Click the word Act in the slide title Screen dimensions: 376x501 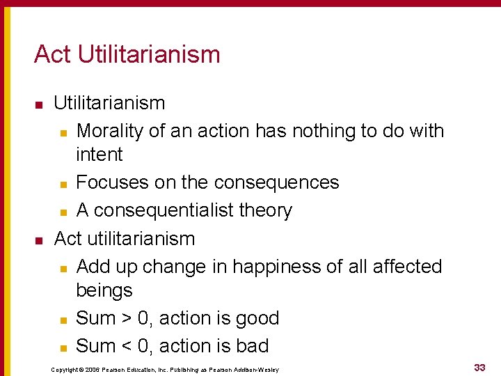pyautogui.click(x=53, y=54)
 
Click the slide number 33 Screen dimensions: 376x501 pyautogui.click(x=479, y=367)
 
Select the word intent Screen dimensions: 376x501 pyautogui.click(x=99, y=155)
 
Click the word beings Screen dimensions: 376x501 pyautogui.click(x=104, y=290)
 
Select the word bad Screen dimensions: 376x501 pyautogui.click(x=252, y=346)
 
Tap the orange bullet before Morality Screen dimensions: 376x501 pyautogui.click(x=63, y=132)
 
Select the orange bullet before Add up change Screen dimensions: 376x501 pyautogui.click(x=63, y=268)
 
